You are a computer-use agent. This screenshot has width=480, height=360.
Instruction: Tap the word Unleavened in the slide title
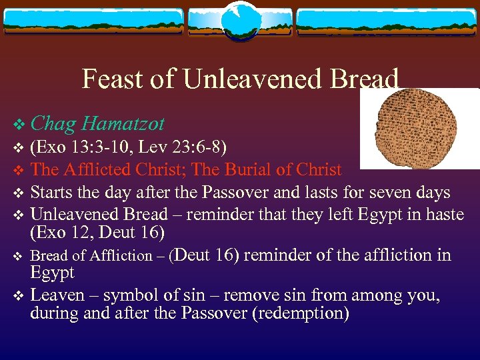coord(253,79)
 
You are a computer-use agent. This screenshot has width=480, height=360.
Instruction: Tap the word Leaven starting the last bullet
coord(57,295)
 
